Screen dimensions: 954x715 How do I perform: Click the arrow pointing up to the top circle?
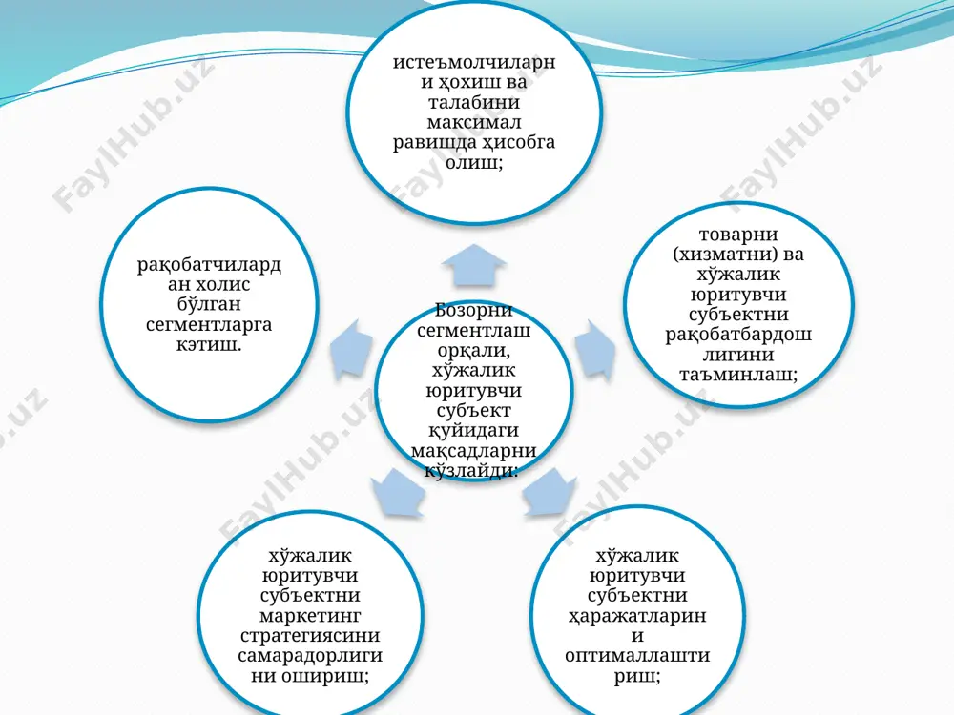pyautogui.click(x=474, y=266)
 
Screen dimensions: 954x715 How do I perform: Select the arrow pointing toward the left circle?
pyautogui.click(x=353, y=352)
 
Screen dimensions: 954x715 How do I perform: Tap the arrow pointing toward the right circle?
pyautogui.click(x=594, y=351)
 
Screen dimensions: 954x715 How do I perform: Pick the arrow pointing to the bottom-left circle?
pyautogui.click(x=397, y=492)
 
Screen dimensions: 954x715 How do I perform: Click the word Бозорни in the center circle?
pyautogui.click(x=474, y=310)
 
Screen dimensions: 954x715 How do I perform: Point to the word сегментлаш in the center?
pyautogui.click(x=474, y=330)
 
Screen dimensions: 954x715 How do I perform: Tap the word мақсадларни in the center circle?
pyautogui.click(x=474, y=451)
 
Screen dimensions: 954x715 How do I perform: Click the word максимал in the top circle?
pyautogui.click(x=474, y=122)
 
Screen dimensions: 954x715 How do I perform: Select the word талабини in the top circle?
pyautogui.click(x=474, y=102)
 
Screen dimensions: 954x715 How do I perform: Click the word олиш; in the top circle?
pyautogui.click(x=474, y=162)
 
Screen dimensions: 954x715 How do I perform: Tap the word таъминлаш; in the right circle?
pyautogui.click(x=738, y=374)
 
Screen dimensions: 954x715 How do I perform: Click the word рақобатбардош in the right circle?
pyautogui.click(x=738, y=334)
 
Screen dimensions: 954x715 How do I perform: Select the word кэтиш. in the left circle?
pyautogui.click(x=209, y=345)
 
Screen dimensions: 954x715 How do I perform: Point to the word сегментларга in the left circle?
pyautogui.click(x=209, y=325)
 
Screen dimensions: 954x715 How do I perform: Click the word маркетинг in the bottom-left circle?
pyautogui.click(x=310, y=615)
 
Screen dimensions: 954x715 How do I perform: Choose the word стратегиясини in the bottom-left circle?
pyautogui.click(x=310, y=635)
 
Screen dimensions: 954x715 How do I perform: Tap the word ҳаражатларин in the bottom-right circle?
pyautogui.click(x=637, y=615)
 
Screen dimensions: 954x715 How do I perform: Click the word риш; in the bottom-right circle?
pyautogui.click(x=637, y=676)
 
